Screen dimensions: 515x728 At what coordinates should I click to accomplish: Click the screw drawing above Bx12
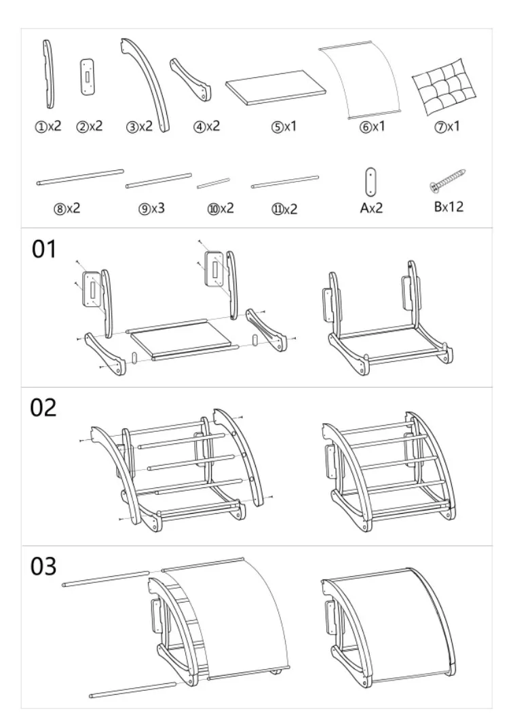[x=447, y=181]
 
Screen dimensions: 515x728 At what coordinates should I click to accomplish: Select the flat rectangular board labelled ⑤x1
[x=276, y=87]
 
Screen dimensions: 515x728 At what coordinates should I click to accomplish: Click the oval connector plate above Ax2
[x=370, y=182]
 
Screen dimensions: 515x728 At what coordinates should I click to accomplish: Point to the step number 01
[x=43, y=249]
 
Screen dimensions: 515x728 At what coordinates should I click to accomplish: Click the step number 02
[x=43, y=407]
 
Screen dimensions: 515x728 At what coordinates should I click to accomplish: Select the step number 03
[x=43, y=567]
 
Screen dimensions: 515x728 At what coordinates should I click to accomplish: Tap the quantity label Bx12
[x=449, y=207]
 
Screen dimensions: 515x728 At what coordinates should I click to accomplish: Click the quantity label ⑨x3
[x=151, y=208]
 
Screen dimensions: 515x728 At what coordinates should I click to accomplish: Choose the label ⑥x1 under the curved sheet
[x=372, y=126]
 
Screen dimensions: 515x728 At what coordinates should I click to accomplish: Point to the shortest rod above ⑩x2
[x=213, y=184]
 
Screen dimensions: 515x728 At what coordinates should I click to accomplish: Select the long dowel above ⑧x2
[x=81, y=178]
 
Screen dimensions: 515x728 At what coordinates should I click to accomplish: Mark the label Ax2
[x=371, y=207]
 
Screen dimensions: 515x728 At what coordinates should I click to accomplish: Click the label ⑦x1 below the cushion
[x=446, y=126]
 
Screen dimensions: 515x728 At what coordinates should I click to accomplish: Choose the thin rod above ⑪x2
[x=285, y=182]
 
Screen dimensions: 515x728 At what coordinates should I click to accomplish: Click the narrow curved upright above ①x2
[x=49, y=75]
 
